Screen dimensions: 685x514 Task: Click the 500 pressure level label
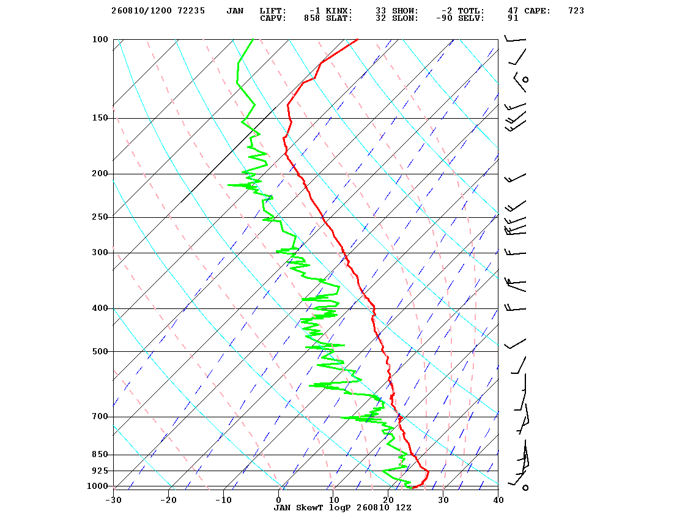100,351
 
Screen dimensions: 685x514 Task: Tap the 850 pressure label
100,455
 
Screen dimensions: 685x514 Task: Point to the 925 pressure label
100,471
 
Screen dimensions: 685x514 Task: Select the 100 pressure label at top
100,39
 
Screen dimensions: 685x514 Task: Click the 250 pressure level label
100,217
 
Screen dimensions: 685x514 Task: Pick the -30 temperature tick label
113,500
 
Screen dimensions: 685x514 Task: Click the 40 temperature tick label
498,500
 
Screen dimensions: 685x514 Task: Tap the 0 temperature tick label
279,500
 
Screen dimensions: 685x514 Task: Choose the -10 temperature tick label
223,500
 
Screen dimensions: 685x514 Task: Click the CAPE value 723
576,11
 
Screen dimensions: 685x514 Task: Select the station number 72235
191,11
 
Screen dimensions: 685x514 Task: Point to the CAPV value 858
312,18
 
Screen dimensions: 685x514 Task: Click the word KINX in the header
339,11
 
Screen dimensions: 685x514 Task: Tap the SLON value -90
444,18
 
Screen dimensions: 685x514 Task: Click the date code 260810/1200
141,11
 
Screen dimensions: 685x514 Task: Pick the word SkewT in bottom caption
309,507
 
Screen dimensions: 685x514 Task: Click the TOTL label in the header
471,11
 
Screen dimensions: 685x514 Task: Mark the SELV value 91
513,18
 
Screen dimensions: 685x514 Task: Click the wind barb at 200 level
515,178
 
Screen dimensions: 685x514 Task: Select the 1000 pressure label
97,486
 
